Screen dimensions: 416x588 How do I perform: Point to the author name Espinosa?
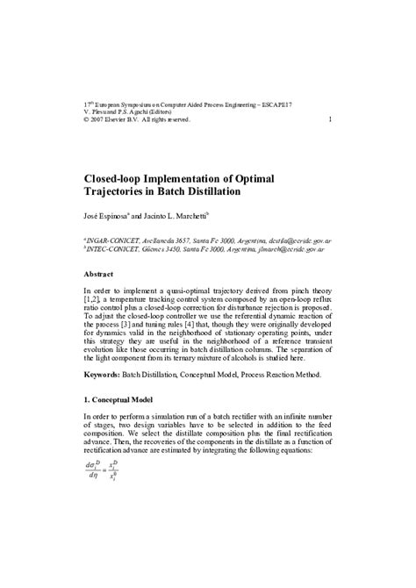tap(122, 216)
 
